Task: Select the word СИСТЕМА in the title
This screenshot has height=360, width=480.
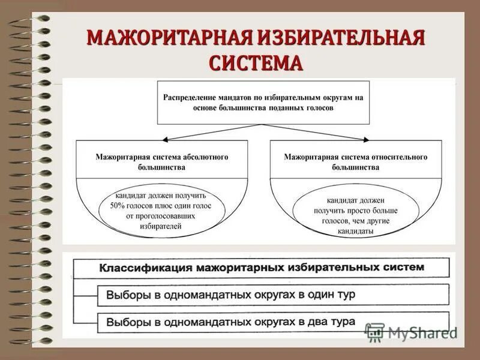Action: coord(256,63)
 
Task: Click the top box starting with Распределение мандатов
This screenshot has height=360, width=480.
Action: coord(263,103)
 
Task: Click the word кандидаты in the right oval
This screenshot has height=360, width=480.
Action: coord(356,231)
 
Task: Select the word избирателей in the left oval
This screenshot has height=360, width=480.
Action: coord(162,227)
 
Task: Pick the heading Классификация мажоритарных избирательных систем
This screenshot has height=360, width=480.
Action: coord(262,267)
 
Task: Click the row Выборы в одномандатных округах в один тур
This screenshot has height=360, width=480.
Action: coord(272,295)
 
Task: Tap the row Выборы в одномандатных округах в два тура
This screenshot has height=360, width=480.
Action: coord(272,322)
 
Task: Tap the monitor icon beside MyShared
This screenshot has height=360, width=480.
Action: coord(374,332)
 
